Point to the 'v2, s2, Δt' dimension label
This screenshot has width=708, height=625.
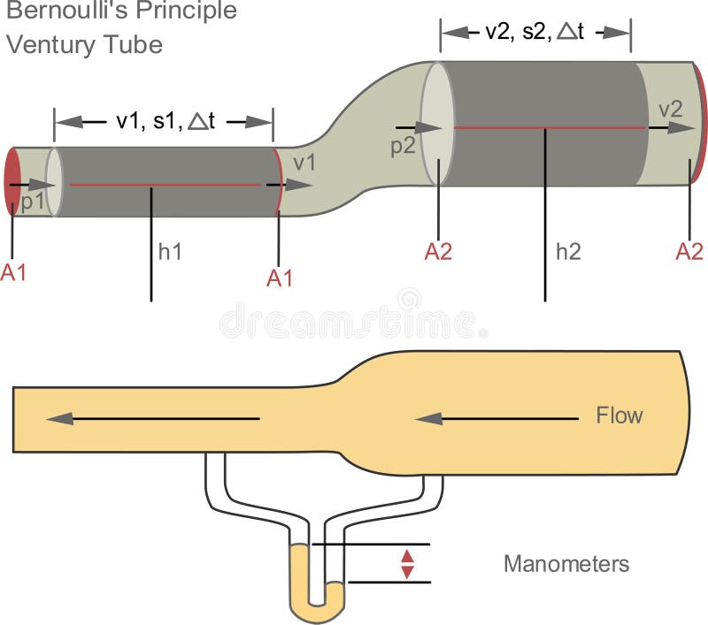point(535,33)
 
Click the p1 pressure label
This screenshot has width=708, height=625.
point(32,201)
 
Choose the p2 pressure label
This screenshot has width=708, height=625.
point(403,147)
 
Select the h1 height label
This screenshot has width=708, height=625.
point(170,251)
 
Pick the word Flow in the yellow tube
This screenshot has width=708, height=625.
point(619,415)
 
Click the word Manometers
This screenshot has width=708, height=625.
point(566,563)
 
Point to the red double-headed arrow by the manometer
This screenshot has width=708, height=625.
point(407,563)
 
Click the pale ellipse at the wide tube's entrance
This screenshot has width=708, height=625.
point(435,123)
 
